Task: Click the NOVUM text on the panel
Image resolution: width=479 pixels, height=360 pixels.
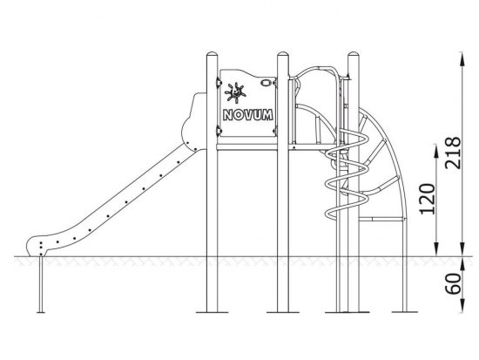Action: [x=248, y=115]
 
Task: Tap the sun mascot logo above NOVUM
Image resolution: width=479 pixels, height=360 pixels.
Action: [x=235, y=92]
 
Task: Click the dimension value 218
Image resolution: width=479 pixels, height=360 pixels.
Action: [x=453, y=153]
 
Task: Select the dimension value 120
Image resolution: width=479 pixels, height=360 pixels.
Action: [x=428, y=199]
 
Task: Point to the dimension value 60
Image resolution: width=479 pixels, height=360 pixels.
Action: [x=453, y=283]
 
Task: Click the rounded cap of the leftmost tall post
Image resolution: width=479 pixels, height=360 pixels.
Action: [x=212, y=54]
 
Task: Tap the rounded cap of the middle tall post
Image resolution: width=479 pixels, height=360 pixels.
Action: [x=283, y=54]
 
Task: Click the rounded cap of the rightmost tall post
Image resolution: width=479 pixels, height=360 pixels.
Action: [x=354, y=54]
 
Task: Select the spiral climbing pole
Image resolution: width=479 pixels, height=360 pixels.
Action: [x=347, y=174]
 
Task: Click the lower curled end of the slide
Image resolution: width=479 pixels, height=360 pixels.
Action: [x=36, y=246]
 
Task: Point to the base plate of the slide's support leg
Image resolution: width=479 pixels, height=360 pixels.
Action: [x=41, y=312]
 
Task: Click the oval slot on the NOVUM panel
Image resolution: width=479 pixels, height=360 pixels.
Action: [x=266, y=83]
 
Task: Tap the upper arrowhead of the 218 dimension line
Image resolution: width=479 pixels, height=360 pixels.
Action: [x=462, y=58]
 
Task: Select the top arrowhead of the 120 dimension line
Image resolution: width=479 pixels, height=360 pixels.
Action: [x=437, y=151]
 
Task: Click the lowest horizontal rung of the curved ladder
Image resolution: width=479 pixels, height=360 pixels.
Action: [x=381, y=219]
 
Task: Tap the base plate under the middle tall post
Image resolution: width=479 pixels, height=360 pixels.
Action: [x=283, y=312]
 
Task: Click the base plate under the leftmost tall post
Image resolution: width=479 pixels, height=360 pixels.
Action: [x=212, y=312]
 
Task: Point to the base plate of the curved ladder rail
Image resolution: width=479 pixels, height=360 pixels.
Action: [x=404, y=312]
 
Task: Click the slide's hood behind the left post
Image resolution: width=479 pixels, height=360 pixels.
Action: [x=194, y=122]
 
